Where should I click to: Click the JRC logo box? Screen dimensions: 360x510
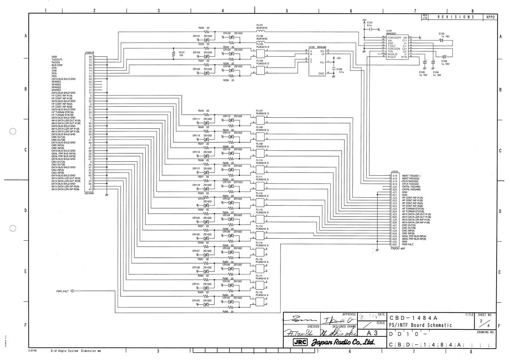301,342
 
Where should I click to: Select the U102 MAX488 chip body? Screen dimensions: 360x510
317,62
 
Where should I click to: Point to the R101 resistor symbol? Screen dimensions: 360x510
174,54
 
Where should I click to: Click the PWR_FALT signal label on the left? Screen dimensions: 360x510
62,291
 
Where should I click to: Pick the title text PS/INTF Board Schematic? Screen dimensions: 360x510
420,325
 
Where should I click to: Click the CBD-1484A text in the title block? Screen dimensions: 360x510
413,318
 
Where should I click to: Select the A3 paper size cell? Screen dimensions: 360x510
372,333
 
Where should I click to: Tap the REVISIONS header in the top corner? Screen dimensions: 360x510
456,17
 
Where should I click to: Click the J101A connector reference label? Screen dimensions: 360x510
395,171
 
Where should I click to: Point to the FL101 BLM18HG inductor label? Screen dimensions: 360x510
262,27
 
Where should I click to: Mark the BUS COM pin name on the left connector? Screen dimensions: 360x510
57,65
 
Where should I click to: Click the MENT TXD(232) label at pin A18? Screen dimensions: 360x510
411,176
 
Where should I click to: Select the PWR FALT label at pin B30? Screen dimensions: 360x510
408,245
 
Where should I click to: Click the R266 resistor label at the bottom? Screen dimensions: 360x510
228,312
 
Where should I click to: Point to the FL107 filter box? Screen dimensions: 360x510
260,120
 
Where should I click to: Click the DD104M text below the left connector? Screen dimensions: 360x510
89,194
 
